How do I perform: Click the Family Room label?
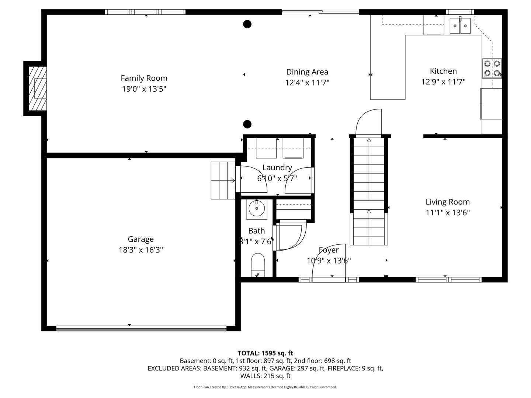click(144, 78)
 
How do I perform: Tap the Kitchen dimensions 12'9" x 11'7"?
click(443, 82)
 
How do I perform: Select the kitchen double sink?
click(460, 25)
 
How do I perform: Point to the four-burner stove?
click(492, 68)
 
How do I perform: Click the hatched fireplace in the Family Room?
click(38, 88)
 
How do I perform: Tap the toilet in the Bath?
click(258, 265)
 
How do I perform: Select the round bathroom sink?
click(257, 208)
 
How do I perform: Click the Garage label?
click(140, 239)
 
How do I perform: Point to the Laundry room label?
click(277, 167)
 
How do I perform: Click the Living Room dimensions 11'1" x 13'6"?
click(448, 213)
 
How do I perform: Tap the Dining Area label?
click(307, 72)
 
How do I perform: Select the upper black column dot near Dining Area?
click(247, 24)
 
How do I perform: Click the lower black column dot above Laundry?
click(247, 124)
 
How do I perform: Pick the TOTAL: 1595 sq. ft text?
click(265, 353)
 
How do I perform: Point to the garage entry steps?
click(223, 181)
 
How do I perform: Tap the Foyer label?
click(329, 250)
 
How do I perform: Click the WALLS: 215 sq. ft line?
click(265, 376)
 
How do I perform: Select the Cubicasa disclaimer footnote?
click(265, 387)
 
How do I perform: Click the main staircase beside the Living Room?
click(369, 191)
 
